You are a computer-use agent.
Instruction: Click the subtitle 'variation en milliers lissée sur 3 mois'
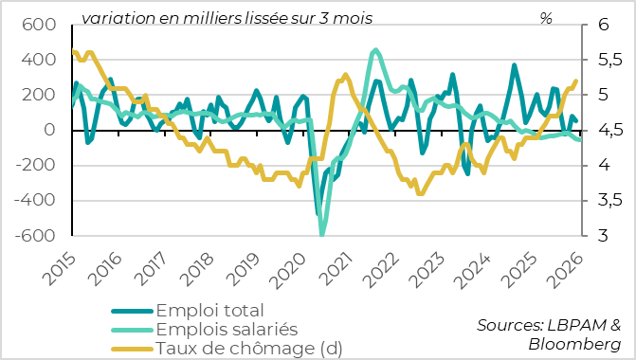(x=227, y=17)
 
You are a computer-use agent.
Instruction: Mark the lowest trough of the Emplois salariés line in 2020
(x=322, y=234)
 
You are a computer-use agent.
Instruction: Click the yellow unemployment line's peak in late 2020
(x=345, y=74)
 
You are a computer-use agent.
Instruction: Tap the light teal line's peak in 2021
(x=376, y=50)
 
